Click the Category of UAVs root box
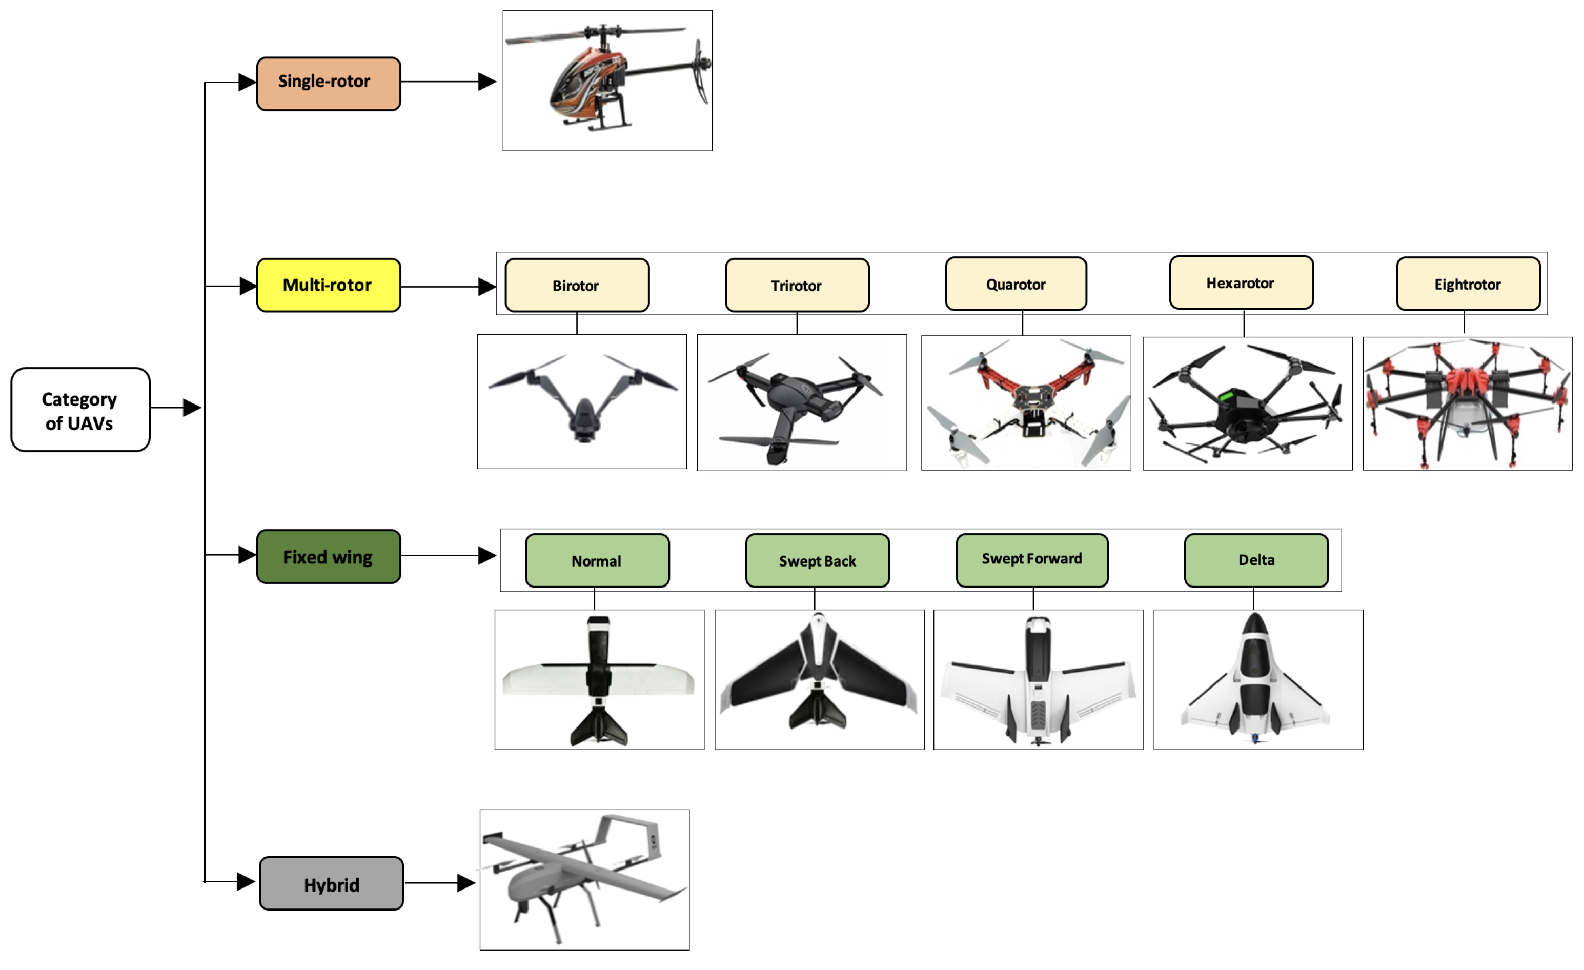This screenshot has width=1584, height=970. [x=80, y=410]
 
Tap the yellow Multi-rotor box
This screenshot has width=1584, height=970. [x=329, y=286]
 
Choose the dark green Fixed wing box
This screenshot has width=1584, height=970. [x=329, y=557]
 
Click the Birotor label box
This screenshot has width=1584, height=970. [x=577, y=286]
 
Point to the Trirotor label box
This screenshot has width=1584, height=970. [x=797, y=286]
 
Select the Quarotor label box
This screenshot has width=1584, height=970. [x=1016, y=284]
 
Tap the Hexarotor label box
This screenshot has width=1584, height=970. [x=1241, y=283]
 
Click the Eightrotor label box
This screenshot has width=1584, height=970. [x=1468, y=284]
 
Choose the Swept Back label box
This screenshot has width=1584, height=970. [x=817, y=560]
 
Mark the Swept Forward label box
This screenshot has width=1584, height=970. [x=1032, y=560]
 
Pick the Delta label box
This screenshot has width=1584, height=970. [x=1256, y=560]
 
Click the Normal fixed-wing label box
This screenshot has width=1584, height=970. [x=597, y=560]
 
